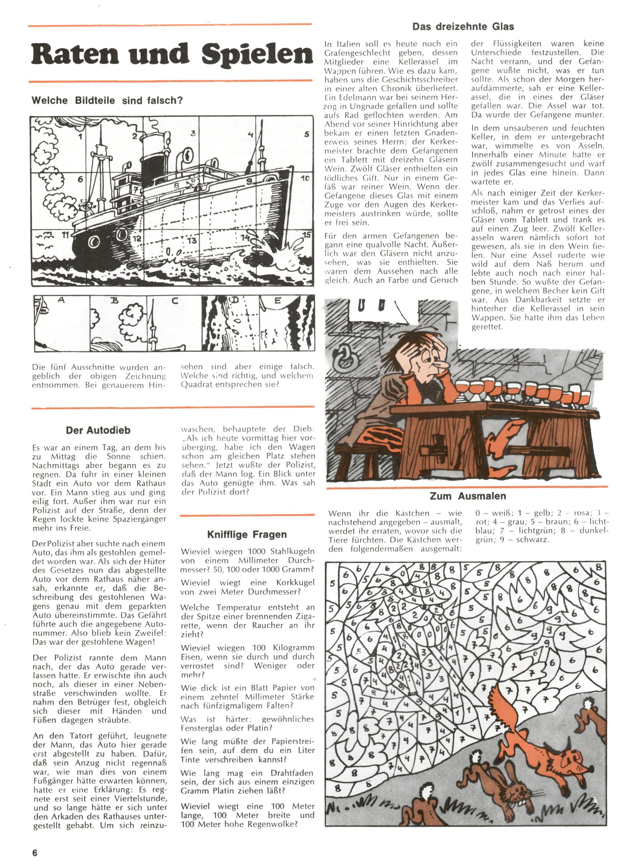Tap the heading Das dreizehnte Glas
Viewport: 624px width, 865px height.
[462, 27]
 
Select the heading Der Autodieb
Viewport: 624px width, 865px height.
[98, 430]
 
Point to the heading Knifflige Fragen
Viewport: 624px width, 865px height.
[247, 534]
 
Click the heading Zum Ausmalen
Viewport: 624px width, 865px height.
[468, 496]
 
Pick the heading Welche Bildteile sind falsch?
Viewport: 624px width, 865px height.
[107, 100]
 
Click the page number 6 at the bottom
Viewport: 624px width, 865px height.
[35, 853]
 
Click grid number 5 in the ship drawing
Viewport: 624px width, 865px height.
[306, 134]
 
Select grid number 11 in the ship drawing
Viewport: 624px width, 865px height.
[65, 235]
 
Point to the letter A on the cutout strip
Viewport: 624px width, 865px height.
[61, 300]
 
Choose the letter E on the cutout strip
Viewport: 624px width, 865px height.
[277, 301]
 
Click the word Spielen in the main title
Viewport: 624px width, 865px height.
[256, 54]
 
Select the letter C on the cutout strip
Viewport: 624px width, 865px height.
[174, 301]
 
